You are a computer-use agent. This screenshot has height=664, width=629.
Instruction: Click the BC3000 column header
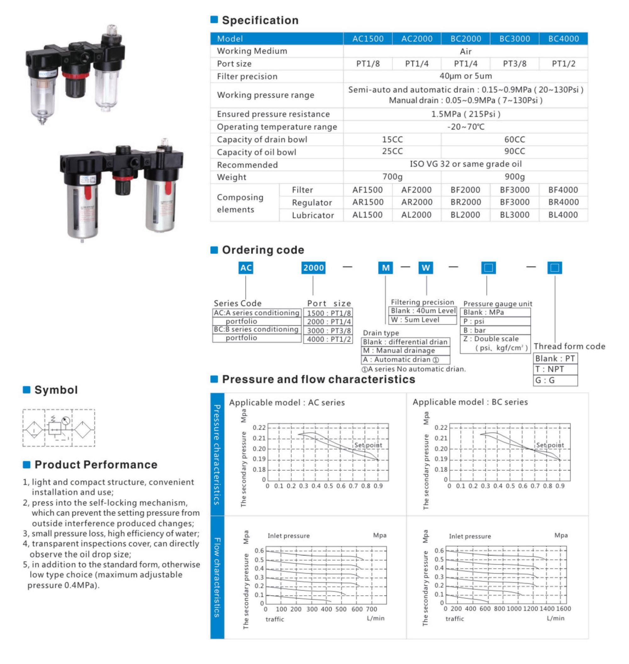[x=515, y=39]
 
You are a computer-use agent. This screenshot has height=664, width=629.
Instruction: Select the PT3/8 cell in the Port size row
[x=515, y=64]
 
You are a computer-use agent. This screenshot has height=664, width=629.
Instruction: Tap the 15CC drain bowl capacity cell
[x=392, y=139]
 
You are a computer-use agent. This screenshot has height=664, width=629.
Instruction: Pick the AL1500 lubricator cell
[x=367, y=215]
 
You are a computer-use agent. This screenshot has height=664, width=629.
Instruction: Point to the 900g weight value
[x=515, y=177]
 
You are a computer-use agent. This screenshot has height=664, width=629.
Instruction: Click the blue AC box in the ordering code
[x=246, y=268]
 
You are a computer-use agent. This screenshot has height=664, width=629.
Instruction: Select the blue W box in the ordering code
[x=426, y=268]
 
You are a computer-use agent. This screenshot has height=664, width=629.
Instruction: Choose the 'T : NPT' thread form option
[x=555, y=369]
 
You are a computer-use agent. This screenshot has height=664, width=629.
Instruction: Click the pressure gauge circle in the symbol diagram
[x=66, y=420]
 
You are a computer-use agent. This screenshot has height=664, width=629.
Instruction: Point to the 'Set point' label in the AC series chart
[x=368, y=445]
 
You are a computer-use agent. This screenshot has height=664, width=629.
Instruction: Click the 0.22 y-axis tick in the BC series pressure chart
[x=441, y=427]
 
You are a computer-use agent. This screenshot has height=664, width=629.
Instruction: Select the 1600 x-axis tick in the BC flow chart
[x=564, y=609]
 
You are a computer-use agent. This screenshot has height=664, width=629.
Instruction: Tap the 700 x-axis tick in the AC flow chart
[x=371, y=609]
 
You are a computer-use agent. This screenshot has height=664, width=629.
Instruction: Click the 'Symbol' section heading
[x=56, y=390]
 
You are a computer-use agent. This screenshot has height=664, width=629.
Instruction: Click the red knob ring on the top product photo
[x=76, y=75]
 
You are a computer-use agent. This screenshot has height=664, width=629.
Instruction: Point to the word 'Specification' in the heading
[x=260, y=20]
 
